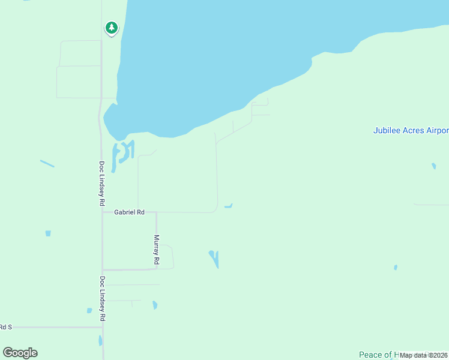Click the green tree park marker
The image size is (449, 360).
click(111, 28)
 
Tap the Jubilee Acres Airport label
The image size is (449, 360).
click(411, 130)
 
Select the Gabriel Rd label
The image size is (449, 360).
click(130, 212)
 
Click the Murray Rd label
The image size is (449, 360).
click(156, 250)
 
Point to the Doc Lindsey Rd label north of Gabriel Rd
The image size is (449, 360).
click(102, 184)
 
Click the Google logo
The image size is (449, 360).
click(20, 353)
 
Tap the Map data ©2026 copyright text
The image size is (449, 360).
click(423, 355)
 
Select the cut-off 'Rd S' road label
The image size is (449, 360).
click(6, 327)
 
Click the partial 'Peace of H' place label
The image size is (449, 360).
click(378, 355)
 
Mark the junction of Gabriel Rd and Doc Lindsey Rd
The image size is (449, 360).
click(102, 212)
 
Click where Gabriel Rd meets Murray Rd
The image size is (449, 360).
click(156, 212)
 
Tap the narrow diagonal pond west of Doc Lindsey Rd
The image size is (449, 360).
click(47, 163)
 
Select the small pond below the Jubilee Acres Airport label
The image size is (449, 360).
click(433, 166)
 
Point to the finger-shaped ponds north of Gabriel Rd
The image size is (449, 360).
click(122, 154)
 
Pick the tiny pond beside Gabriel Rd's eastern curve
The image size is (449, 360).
click(228, 206)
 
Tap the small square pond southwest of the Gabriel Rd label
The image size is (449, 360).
click(48, 233)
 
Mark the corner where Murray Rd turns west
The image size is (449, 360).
click(156, 269)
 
